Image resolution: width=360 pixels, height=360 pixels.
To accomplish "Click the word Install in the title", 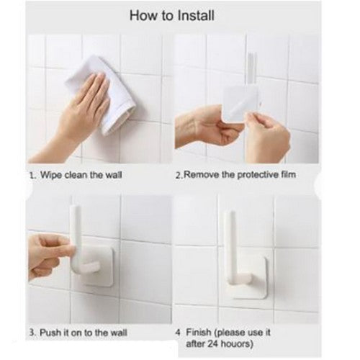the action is coord(196,16).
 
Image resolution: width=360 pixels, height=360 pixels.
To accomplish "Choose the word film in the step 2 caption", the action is coord(289,174).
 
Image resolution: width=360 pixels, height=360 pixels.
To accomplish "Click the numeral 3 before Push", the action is coord(32,333).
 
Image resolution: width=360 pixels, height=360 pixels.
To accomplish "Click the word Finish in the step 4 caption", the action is coord(199,333).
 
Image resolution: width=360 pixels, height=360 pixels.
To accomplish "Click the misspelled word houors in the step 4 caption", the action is coord(237,344).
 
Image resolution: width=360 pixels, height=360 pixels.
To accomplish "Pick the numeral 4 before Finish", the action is coord(178,333).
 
